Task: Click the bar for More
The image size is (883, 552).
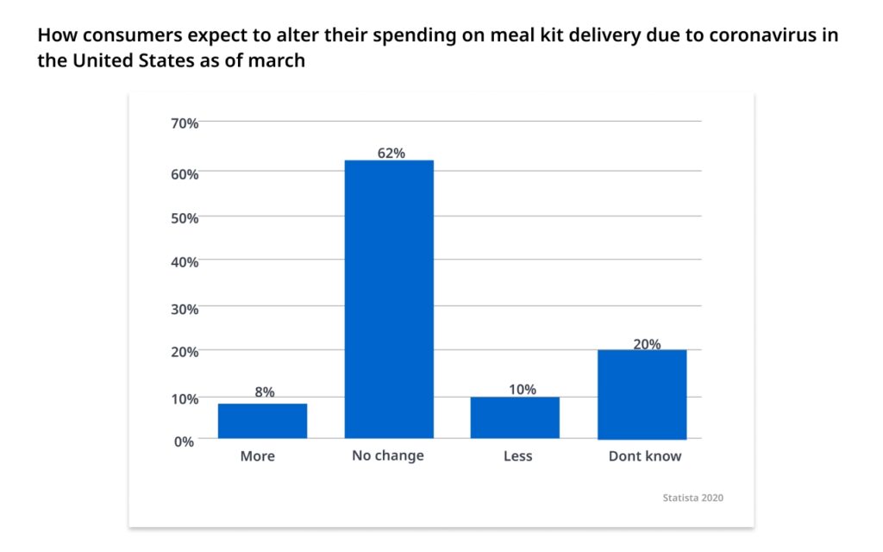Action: [x=262, y=421]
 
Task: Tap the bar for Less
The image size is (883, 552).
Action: [x=515, y=417]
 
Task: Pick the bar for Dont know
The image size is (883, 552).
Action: [x=642, y=394]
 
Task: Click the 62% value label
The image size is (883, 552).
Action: [x=391, y=153]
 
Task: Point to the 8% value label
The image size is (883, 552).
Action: [x=264, y=392]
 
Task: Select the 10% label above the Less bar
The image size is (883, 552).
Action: [x=521, y=389]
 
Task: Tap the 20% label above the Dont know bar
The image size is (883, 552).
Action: [x=647, y=343]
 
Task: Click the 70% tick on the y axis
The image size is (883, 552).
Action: [x=185, y=123]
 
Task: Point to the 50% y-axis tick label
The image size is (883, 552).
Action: [x=185, y=218]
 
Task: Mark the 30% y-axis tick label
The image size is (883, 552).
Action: [x=185, y=309]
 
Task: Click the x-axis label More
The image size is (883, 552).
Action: [x=257, y=456]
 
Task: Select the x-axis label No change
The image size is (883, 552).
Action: [x=388, y=455]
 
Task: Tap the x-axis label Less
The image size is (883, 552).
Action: [x=517, y=456]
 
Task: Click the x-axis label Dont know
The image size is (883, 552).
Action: [x=645, y=456]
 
